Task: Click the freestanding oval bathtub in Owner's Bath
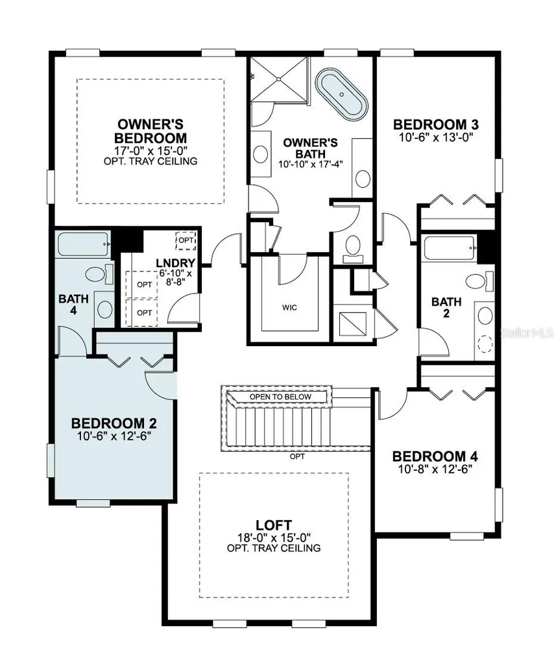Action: [x=341, y=92]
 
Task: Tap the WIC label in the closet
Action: [x=289, y=307]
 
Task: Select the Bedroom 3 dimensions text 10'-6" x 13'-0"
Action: [x=435, y=136]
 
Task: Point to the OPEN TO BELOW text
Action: [x=280, y=397]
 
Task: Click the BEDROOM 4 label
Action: [x=435, y=457]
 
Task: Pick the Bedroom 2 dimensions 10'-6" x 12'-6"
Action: [x=114, y=436]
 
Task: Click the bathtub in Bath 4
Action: [x=84, y=244]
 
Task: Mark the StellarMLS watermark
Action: [x=528, y=332]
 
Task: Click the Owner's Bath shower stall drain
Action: [x=278, y=79]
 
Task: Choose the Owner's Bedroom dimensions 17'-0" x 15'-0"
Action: [x=151, y=151]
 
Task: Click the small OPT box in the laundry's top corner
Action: [x=186, y=240]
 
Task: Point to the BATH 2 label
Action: [x=446, y=307]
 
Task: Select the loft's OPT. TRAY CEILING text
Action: [x=274, y=548]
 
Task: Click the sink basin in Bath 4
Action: [x=104, y=309]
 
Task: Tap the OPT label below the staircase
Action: [x=297, y=457]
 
